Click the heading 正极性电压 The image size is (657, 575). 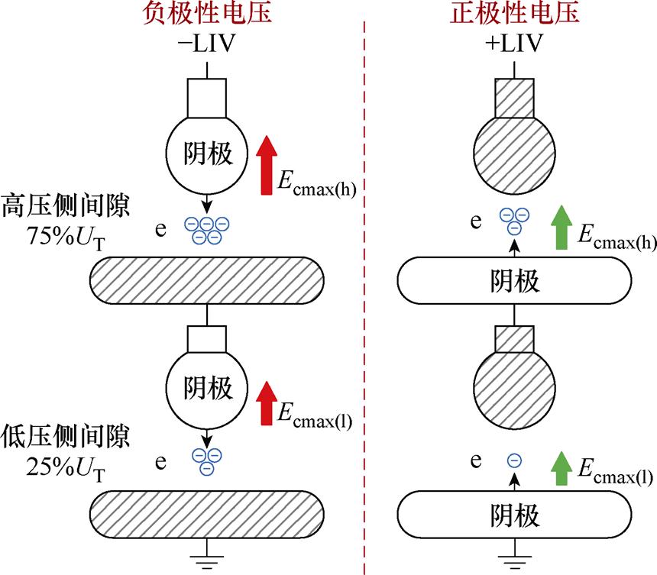tap(514, 13)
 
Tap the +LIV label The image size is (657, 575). tap(514, 44)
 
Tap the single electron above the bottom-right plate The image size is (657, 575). tap(514, 460)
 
